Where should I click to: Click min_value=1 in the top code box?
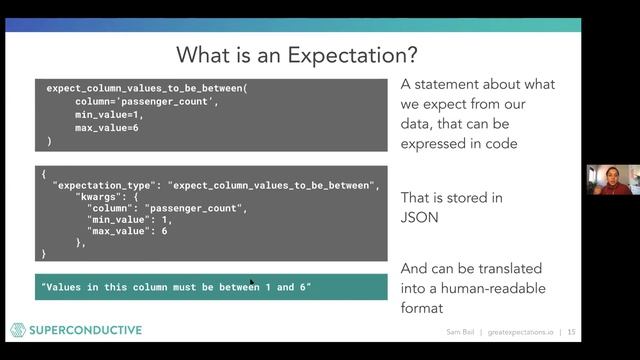coord(109,115)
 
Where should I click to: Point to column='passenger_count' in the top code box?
coord(145,102)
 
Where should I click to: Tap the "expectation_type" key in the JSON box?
coord(105,186)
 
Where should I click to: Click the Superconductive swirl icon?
coord(17,330)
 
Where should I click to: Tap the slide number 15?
coord(571,332)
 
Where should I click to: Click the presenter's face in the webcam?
coord(611,181)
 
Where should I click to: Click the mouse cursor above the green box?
coord(252,284)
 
